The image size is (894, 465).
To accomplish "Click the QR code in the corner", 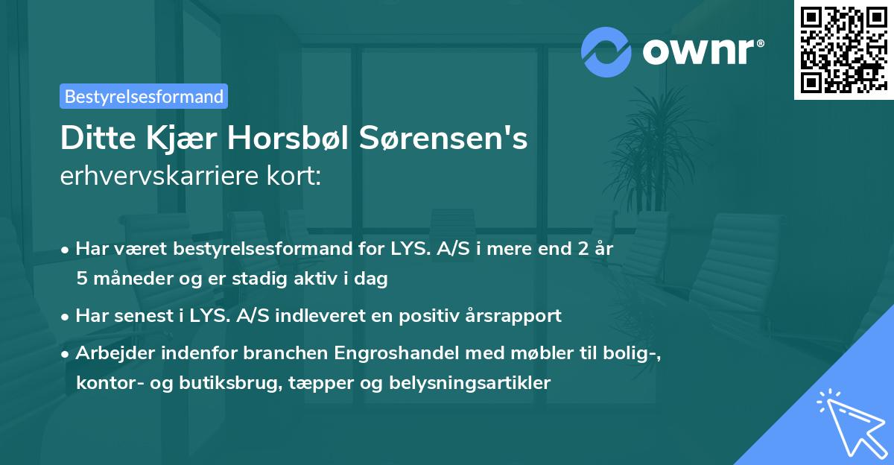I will click(x=843, y=49).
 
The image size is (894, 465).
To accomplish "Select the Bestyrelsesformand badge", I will click(x=144, y=96).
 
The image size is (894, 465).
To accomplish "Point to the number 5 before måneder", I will click(x=81, y=279).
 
